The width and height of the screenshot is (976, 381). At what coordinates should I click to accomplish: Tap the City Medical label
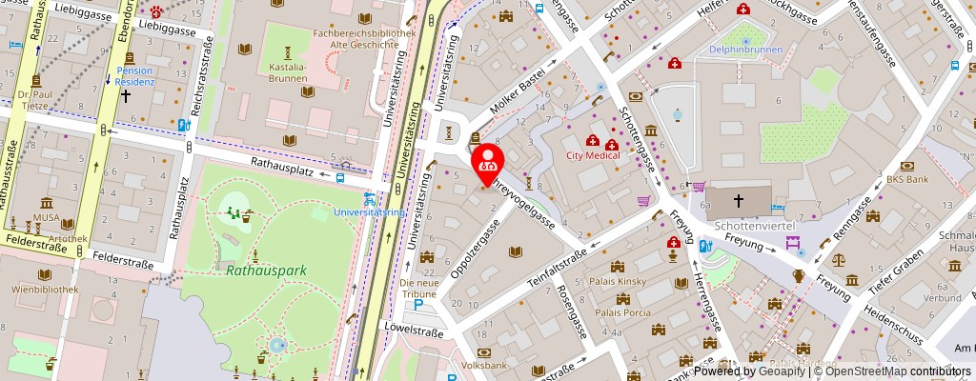coord(593,155)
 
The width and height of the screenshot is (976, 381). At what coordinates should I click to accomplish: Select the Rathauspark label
coord(266,271)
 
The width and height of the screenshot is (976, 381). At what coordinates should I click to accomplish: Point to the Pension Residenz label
coord(134,76)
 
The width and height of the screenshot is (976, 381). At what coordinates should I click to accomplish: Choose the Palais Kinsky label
coord(620,282)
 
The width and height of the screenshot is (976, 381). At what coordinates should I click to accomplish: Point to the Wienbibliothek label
coord(44,287)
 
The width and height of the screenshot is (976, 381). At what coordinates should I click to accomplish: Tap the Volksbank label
coord(484,365)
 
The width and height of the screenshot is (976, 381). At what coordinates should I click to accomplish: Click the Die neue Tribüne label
coord(418,289)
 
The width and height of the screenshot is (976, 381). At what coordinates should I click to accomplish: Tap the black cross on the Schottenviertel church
coord(739,201)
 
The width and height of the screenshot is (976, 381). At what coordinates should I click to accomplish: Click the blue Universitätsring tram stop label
coord(369,211)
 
